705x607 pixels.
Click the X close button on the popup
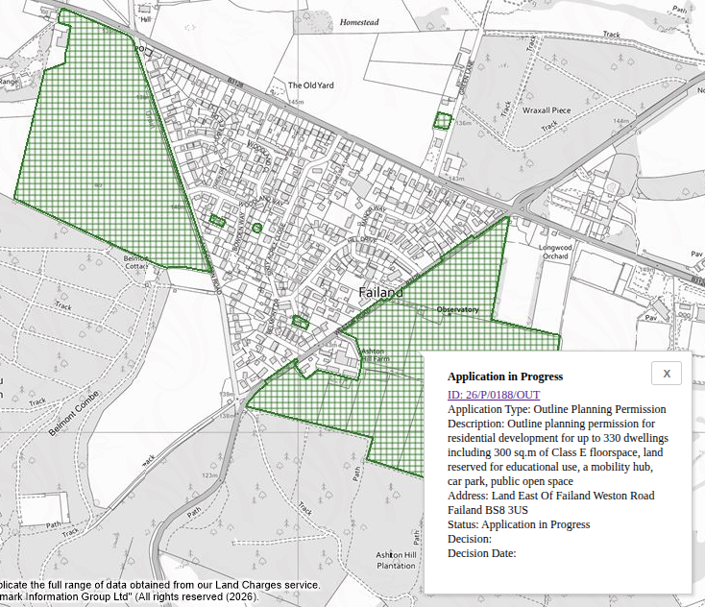coord(666,374)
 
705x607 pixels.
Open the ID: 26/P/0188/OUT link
coord(493,395)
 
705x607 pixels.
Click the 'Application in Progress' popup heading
coord(504,376)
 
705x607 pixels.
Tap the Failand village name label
coord(380,291)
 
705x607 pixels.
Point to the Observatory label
coord(457,310)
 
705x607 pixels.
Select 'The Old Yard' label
coord(311,85)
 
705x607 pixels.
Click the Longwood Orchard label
coord(555,252)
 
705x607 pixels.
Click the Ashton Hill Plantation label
coord(396,561)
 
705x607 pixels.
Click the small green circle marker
coord(256,228)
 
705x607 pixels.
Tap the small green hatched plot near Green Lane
coord(442,121)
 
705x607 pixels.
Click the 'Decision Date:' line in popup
coord(481,553)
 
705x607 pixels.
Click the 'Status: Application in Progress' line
coord(518,524)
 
